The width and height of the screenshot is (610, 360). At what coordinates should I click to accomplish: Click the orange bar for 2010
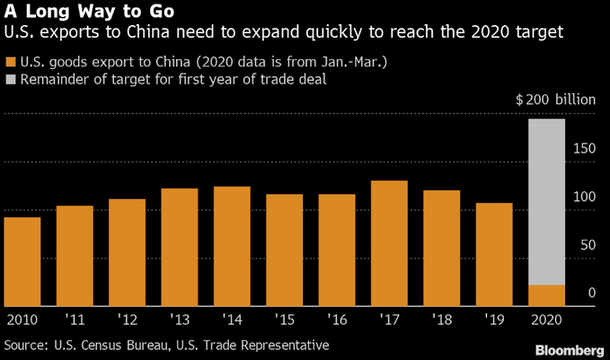pos(22,261)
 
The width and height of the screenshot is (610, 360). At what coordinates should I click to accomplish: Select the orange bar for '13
pos(180,247)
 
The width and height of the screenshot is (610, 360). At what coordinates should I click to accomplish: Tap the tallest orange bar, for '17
pos(389,243)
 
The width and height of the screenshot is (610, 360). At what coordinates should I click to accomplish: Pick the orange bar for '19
pos(493,254)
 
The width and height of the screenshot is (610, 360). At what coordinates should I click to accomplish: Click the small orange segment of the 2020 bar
pos(545,295)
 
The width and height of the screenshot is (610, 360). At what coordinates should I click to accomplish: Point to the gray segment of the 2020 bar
pos(545,202)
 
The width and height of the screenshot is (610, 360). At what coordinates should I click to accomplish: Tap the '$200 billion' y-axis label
pos(554,99)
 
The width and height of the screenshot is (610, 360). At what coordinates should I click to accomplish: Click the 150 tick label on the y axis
pos(585,147)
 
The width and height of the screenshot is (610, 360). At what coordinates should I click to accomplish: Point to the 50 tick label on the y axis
pos(588,244)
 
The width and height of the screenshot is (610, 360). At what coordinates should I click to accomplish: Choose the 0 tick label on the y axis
pos(592,293)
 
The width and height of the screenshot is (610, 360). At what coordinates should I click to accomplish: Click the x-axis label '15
pos(284,319)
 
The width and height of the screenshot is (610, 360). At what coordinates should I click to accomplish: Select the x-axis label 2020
pos(545,319)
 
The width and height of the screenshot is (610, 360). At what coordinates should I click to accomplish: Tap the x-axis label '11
pos(75,319)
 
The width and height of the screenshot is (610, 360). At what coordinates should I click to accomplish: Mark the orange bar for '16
pos(336,250)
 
